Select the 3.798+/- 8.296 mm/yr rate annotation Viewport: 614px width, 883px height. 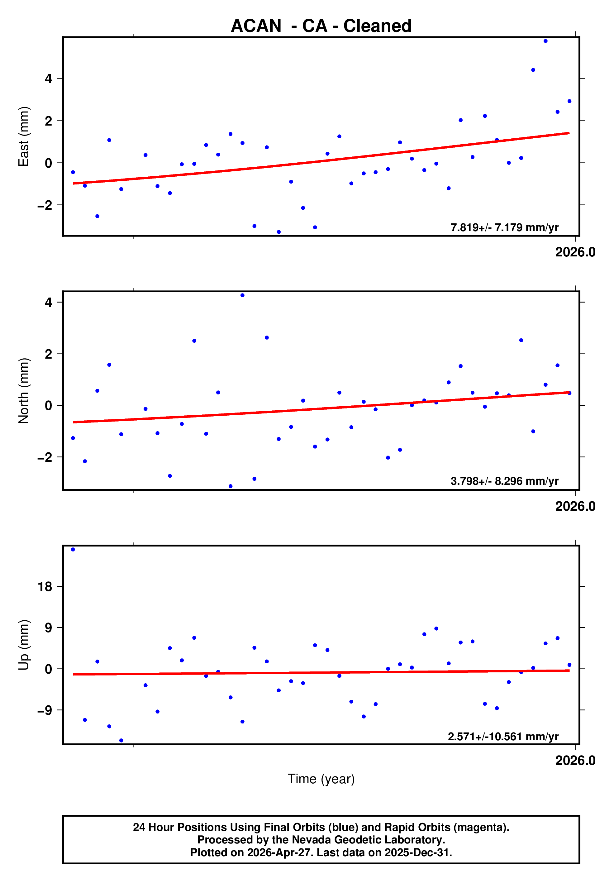click(504, 481)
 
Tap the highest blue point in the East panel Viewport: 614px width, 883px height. click(545, 41)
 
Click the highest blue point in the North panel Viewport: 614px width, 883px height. click(242, 295)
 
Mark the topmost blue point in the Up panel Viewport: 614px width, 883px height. click(73, 550)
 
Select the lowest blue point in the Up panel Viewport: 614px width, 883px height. click(121, 740)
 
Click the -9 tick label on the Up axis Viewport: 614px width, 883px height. click(45, 710)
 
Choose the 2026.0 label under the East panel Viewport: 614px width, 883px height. click(575, 252)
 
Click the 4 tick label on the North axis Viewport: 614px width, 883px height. click(48, 302)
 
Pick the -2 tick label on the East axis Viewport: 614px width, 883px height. click(45, 205)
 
